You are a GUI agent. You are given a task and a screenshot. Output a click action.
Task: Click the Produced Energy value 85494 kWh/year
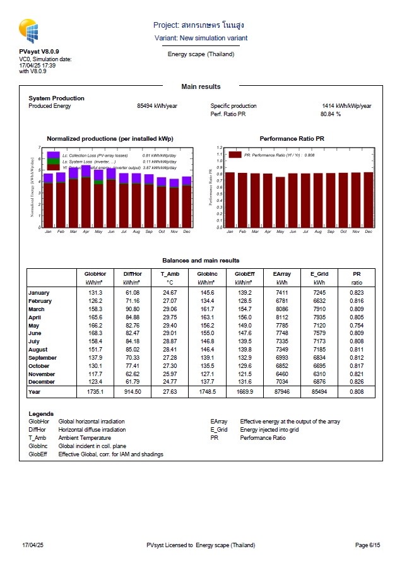pos(157,106)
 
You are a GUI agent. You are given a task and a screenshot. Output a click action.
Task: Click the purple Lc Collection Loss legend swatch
pos(53,155)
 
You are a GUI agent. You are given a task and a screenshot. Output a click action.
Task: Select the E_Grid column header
pos(320,274)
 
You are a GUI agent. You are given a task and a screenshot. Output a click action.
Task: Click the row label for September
pos(42,358)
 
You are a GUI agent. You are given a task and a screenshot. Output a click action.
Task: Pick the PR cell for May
pos(357,325)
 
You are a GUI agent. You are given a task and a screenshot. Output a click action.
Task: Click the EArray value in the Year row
pos(282,392)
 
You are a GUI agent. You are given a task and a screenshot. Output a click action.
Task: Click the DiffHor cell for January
pos(132,293)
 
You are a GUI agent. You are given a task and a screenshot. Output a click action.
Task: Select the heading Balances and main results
pos(201,260)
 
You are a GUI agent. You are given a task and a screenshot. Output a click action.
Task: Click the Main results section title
pos(201,86)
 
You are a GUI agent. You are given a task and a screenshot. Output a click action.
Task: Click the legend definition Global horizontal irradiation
pos(92,421)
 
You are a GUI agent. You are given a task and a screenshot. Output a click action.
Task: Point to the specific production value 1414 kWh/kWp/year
pos(346,106)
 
